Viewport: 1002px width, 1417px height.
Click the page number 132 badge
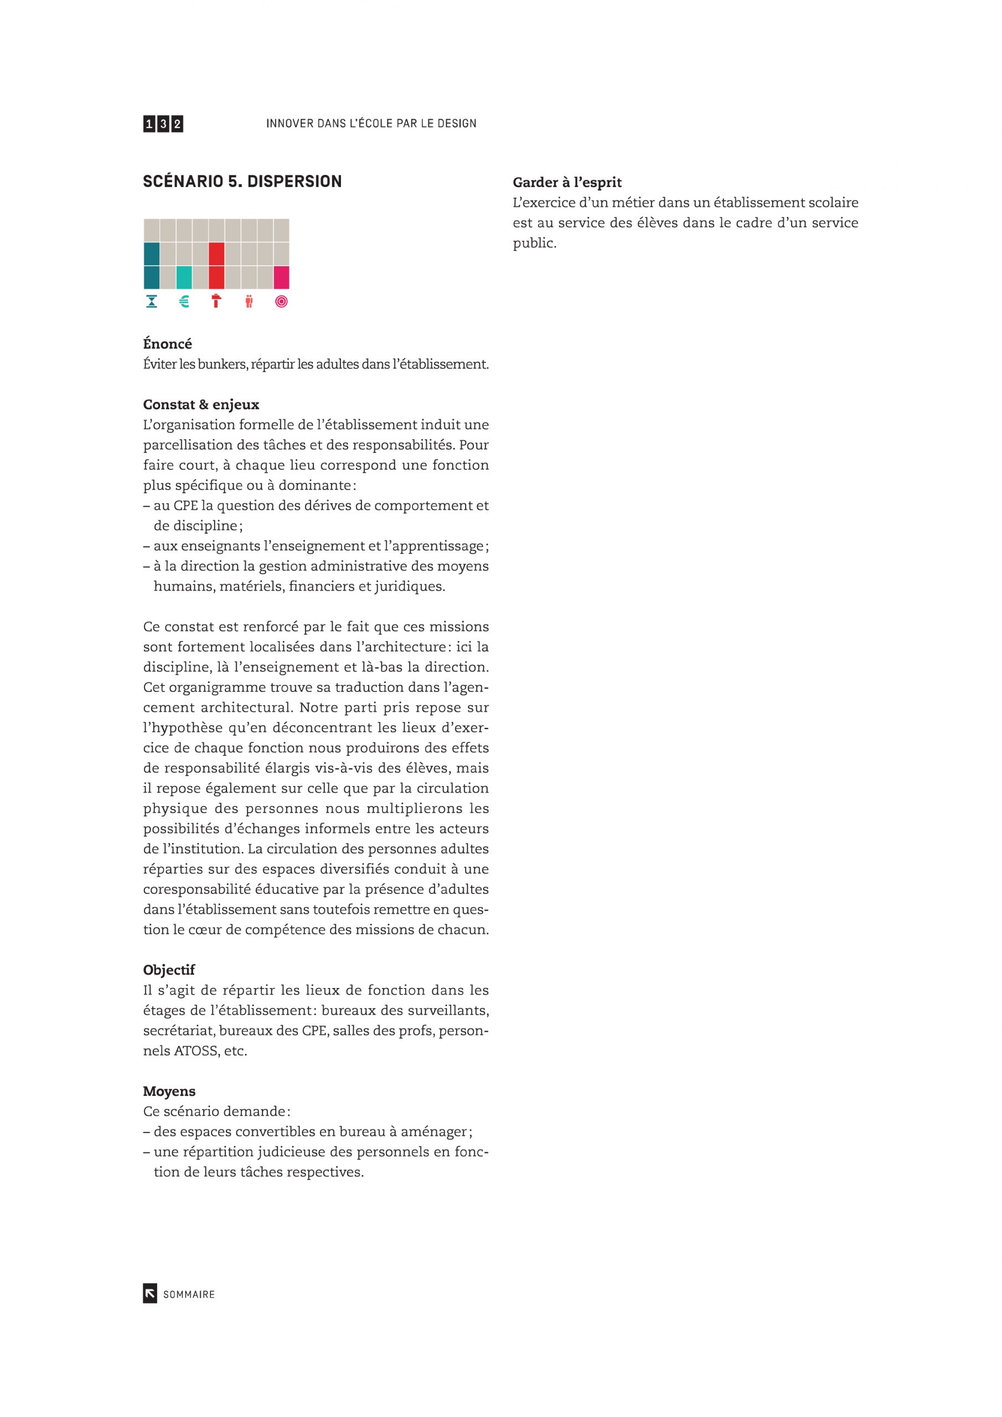tap(163, 124)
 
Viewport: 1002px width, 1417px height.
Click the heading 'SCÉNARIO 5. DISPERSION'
tap(242, 182)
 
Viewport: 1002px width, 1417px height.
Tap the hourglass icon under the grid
tap(152, 301)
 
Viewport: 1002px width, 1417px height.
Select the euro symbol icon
tap(184, 301)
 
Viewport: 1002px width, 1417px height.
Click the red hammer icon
tap(216, 301)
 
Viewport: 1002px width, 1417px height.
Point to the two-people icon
tap(249, 301)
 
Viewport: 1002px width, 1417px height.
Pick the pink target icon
tap(282, 301)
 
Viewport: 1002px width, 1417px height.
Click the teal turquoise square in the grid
tap(184, 278)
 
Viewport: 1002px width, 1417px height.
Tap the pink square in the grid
tap(282, 278)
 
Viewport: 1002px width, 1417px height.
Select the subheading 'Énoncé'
tap(167, 344)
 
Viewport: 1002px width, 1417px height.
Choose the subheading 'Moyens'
tap(169, 1091)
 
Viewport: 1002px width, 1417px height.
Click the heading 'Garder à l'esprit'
tap(567, 182)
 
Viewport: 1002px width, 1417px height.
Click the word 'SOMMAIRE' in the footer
tap(189, 1294)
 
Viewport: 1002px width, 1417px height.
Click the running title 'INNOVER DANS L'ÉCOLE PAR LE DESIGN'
tap(371, 123)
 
